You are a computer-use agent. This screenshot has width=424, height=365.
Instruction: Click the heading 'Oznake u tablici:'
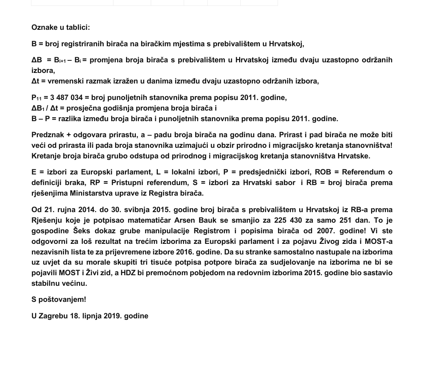(x=60, y=27)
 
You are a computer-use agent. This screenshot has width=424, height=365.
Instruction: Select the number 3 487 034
(x=66, y=98)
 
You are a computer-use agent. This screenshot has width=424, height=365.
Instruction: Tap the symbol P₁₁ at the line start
(x=37, y=98)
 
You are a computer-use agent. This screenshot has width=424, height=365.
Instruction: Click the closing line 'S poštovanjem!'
(x=58, y=300)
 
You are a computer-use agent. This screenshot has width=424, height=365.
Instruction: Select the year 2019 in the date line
(x=113, y=316)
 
